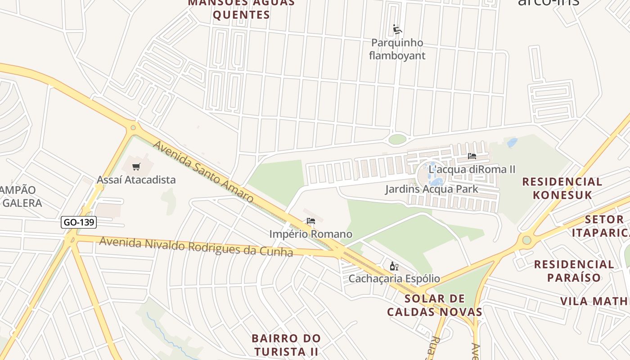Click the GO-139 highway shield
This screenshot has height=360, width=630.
79,222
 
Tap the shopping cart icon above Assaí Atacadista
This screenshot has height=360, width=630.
136,167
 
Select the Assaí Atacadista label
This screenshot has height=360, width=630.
136,180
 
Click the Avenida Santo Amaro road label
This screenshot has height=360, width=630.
203,171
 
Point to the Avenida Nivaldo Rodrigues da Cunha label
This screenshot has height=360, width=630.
196,247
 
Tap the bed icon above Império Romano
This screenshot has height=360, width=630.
310,221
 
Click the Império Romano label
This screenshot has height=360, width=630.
310,234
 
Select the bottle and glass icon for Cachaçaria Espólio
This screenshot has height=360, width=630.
394,266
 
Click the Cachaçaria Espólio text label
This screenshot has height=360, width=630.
394,279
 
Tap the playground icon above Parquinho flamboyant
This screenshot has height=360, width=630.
397,30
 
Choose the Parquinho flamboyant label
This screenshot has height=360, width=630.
397,49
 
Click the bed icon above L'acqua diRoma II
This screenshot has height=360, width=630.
472,156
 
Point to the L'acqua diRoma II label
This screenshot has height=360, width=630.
472,170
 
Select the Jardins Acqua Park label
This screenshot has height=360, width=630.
432,189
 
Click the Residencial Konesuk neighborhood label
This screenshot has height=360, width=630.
562,188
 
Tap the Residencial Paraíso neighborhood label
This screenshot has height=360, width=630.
574,270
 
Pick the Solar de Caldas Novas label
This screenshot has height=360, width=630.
434,305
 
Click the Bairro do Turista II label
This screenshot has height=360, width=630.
286,344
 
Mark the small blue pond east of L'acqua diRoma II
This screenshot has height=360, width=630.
512,143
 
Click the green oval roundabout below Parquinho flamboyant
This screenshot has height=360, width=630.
397,139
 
